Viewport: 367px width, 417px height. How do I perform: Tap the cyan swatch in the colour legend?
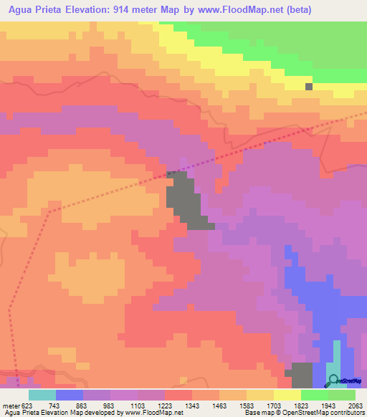coord(42,395)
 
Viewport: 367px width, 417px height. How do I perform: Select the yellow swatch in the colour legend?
coord(287,395)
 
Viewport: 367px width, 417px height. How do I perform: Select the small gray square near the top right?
coord(309,87)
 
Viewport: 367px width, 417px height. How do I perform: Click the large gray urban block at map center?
coord(183,201)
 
